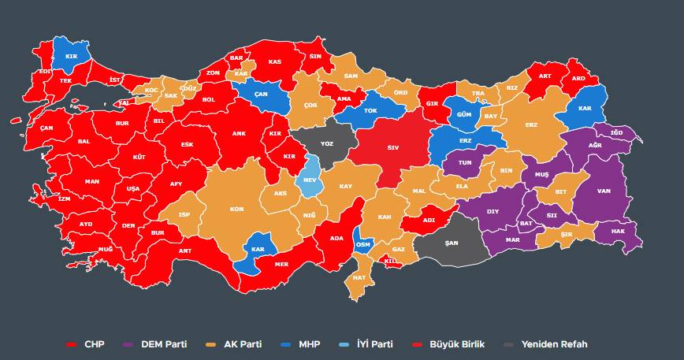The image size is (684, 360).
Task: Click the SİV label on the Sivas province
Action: (393, 147)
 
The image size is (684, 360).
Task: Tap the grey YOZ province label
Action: (326, 145)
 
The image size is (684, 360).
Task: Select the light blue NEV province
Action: (309, 179)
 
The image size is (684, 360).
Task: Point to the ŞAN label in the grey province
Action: (451, 243)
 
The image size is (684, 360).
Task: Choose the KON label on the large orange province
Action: (236, 210)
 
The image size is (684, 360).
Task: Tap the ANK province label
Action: (239, 134)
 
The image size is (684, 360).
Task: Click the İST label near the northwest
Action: (114, 80)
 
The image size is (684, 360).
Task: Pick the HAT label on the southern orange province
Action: (359, 277)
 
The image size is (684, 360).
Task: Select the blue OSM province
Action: (363, 244)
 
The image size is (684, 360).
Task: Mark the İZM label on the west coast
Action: (64, 199)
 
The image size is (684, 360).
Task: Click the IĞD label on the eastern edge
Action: (617, 133)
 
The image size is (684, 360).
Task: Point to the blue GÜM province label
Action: (464, 115)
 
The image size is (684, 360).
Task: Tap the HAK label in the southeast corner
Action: (618, 232)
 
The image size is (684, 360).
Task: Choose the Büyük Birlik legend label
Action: (456, 344)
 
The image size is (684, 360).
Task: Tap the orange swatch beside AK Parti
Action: (211, 345)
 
